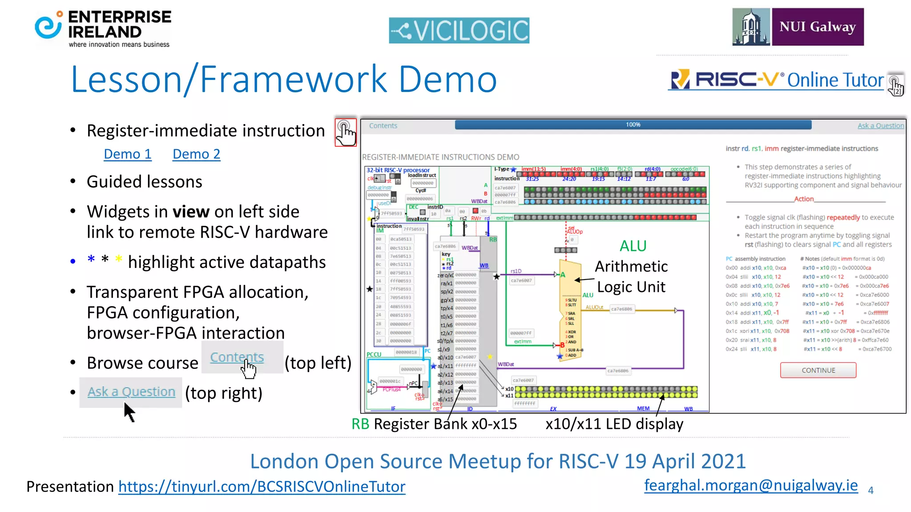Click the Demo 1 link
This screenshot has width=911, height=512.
click(x=127, y=154)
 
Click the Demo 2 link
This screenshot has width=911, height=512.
click(x=196, y=154)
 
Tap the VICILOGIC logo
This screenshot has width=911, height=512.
click(x=459, y=30)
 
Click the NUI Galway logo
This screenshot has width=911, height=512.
click(x=798, y=27)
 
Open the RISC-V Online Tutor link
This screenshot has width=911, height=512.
click(x=777, y=80)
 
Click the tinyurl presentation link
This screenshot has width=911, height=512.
click(x=262, y=487)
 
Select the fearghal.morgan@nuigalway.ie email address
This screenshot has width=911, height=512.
click(x=751, y=485)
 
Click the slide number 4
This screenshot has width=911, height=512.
click(x=871, y=490)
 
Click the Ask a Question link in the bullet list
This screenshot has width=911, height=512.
click(x=131, y=392)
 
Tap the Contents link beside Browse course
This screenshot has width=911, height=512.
click(x=237, y=357)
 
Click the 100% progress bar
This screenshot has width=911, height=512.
click(x=633, y=125)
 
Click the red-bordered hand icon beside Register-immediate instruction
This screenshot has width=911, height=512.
click(x=346, y=132)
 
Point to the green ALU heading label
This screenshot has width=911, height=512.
click(x=633, y=246)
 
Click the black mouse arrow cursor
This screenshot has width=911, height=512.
click(x=129, y=412)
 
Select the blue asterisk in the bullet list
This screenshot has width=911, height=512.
click(x=91, y=260)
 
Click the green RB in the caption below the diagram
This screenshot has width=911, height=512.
click(x=360, y=424)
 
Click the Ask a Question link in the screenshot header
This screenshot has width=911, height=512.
click(x=880, y=126)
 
